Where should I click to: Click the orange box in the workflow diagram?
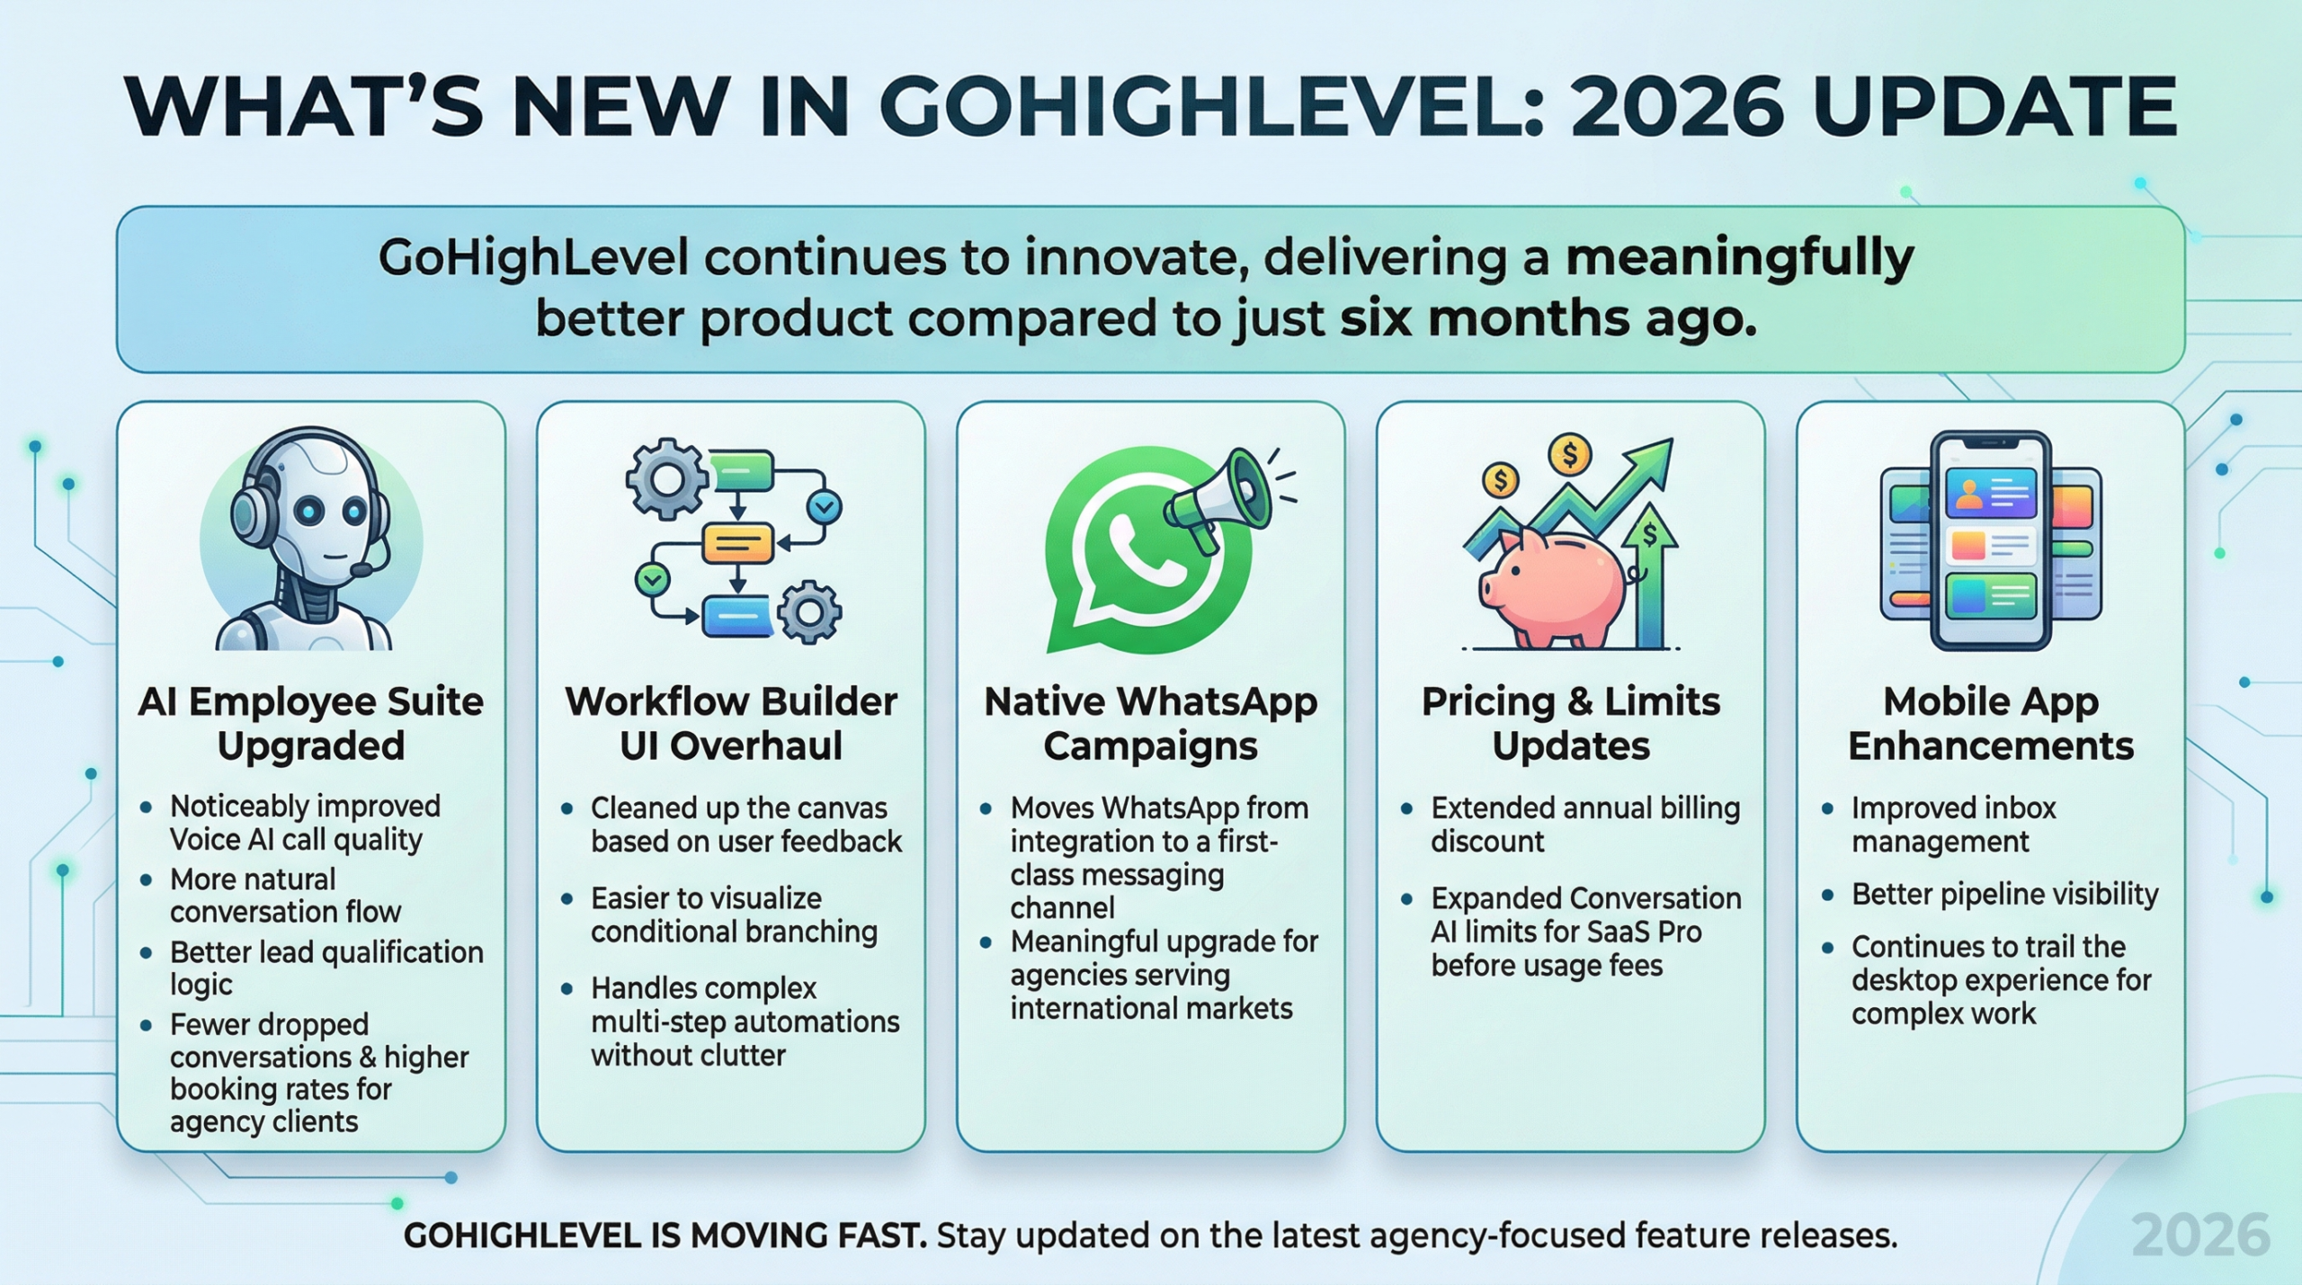pos(736,543)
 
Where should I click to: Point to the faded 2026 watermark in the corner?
pos(2200,1235)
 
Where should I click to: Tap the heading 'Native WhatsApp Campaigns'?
pos(1150,723)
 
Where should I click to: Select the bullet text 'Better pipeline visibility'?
pos(2004,894)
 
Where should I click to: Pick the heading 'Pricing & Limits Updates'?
pos(1570,723)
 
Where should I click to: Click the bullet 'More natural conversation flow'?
pos(285,895)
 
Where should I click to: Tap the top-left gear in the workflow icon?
pos(666,478)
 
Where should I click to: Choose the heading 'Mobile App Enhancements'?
pos(1990,723)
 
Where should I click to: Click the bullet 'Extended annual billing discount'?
pos(1584,824)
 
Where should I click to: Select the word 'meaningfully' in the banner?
pos(1739,258)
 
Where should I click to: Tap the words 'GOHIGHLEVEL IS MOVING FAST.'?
pos(665,1236)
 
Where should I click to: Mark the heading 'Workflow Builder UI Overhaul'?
pos(730,723)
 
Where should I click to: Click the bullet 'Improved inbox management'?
pos(1953,824)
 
